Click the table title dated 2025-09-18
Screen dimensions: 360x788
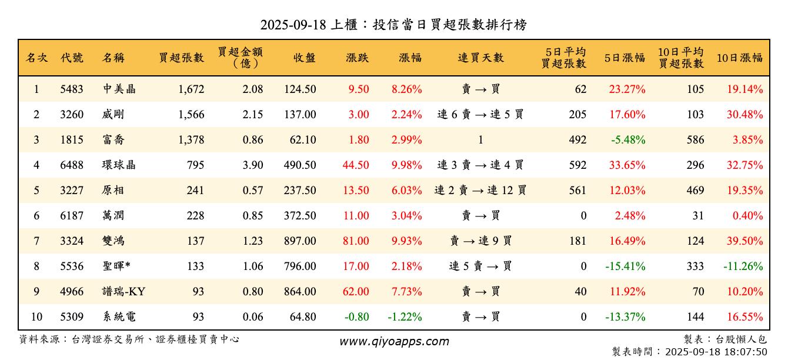pyautogui.click(x=393, y=25)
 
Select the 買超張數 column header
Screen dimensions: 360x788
pyautogui.click(x=182, y=58)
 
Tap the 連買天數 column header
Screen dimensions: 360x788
pyautogui.click(x=480, y=58)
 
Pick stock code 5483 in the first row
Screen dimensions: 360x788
pyautogui.click(x=72, y=89)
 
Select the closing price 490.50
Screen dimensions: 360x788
pyautogui.click(x=300, y=165)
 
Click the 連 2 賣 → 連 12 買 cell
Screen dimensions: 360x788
pyautogui.click(x=480, y=191)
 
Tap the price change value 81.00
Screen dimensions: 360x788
pyautogui.click(x=356, y=241)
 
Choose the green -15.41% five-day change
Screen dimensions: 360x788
pyautogui.click(x=625, y=266)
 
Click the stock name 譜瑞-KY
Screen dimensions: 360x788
pyautogui.click(x=123, y=292)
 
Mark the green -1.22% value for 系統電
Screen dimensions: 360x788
pyautogui.click(x=405, y=317)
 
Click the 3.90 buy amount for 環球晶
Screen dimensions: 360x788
pyautogui.click(x=253, y=165)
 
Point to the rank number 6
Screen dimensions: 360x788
pyautogui.click(x=36, y=216)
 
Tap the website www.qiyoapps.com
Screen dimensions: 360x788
pyautogui.click(x=394, y=341)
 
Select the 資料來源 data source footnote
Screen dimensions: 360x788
pyautogui.click(x=129, y=339)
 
